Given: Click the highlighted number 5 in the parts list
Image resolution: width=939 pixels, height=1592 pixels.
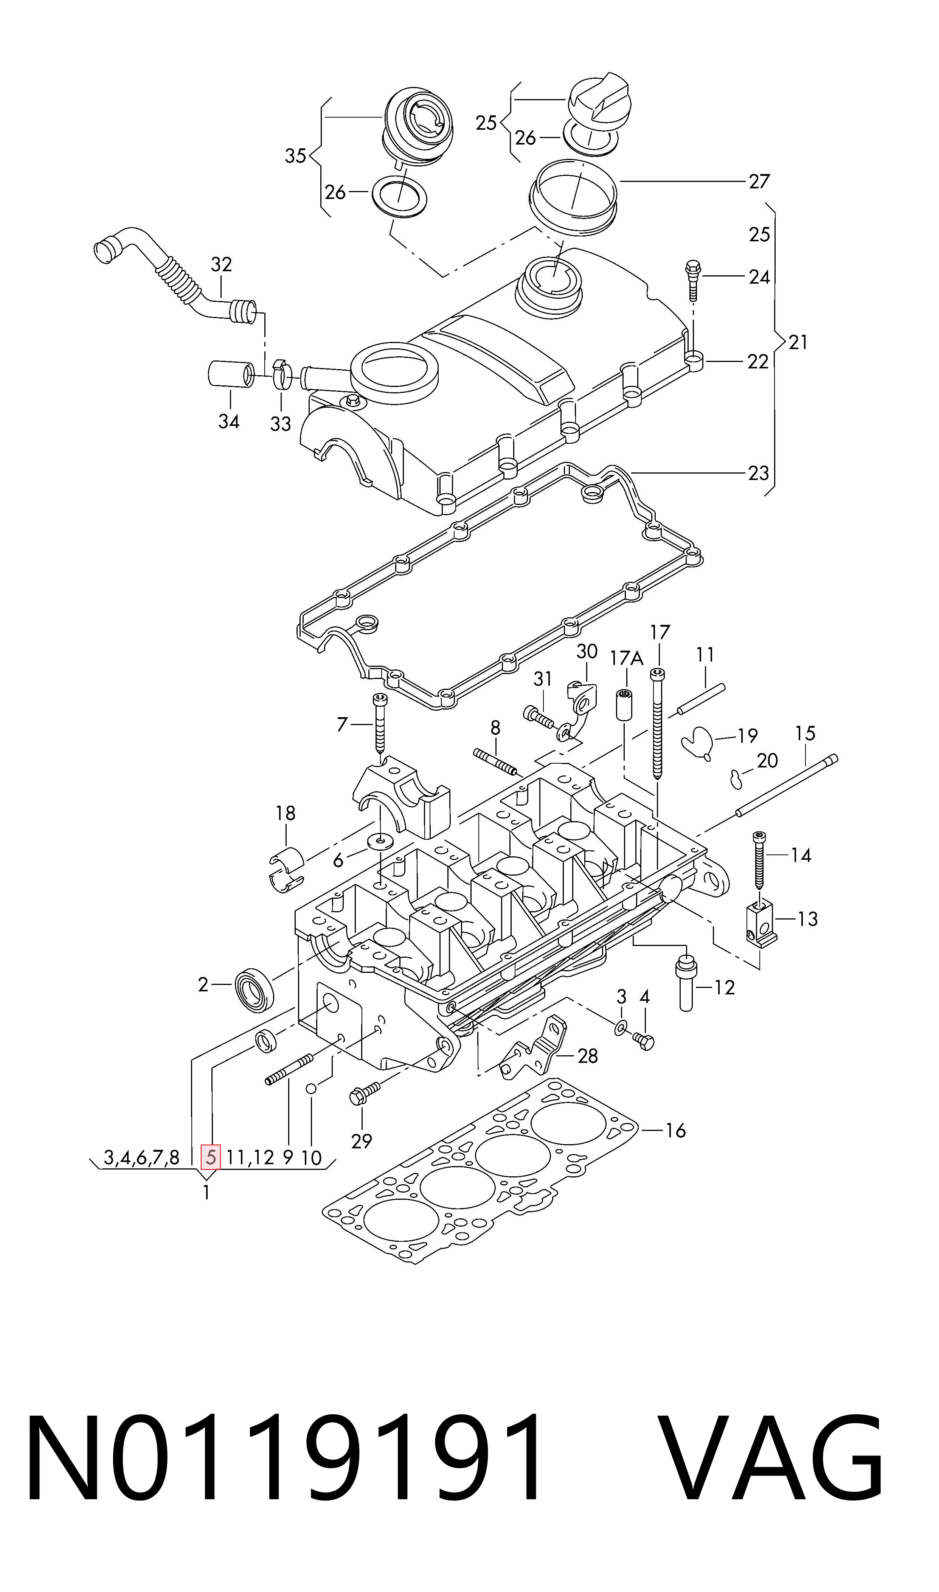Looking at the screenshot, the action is tap(210, 1158).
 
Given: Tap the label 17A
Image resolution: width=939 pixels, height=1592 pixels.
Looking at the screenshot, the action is tap(626, 658).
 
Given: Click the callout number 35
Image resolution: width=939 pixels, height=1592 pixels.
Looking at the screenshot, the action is tap(295, 156).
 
